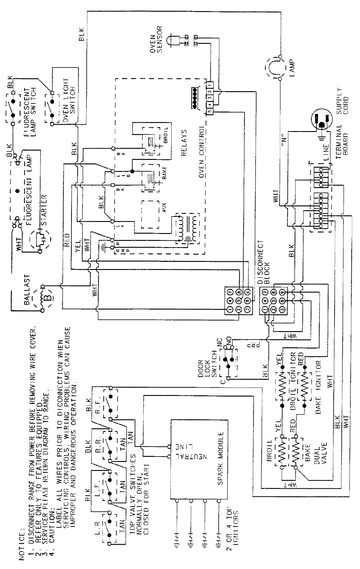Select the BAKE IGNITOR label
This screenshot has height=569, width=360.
click(x=318, y=384)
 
